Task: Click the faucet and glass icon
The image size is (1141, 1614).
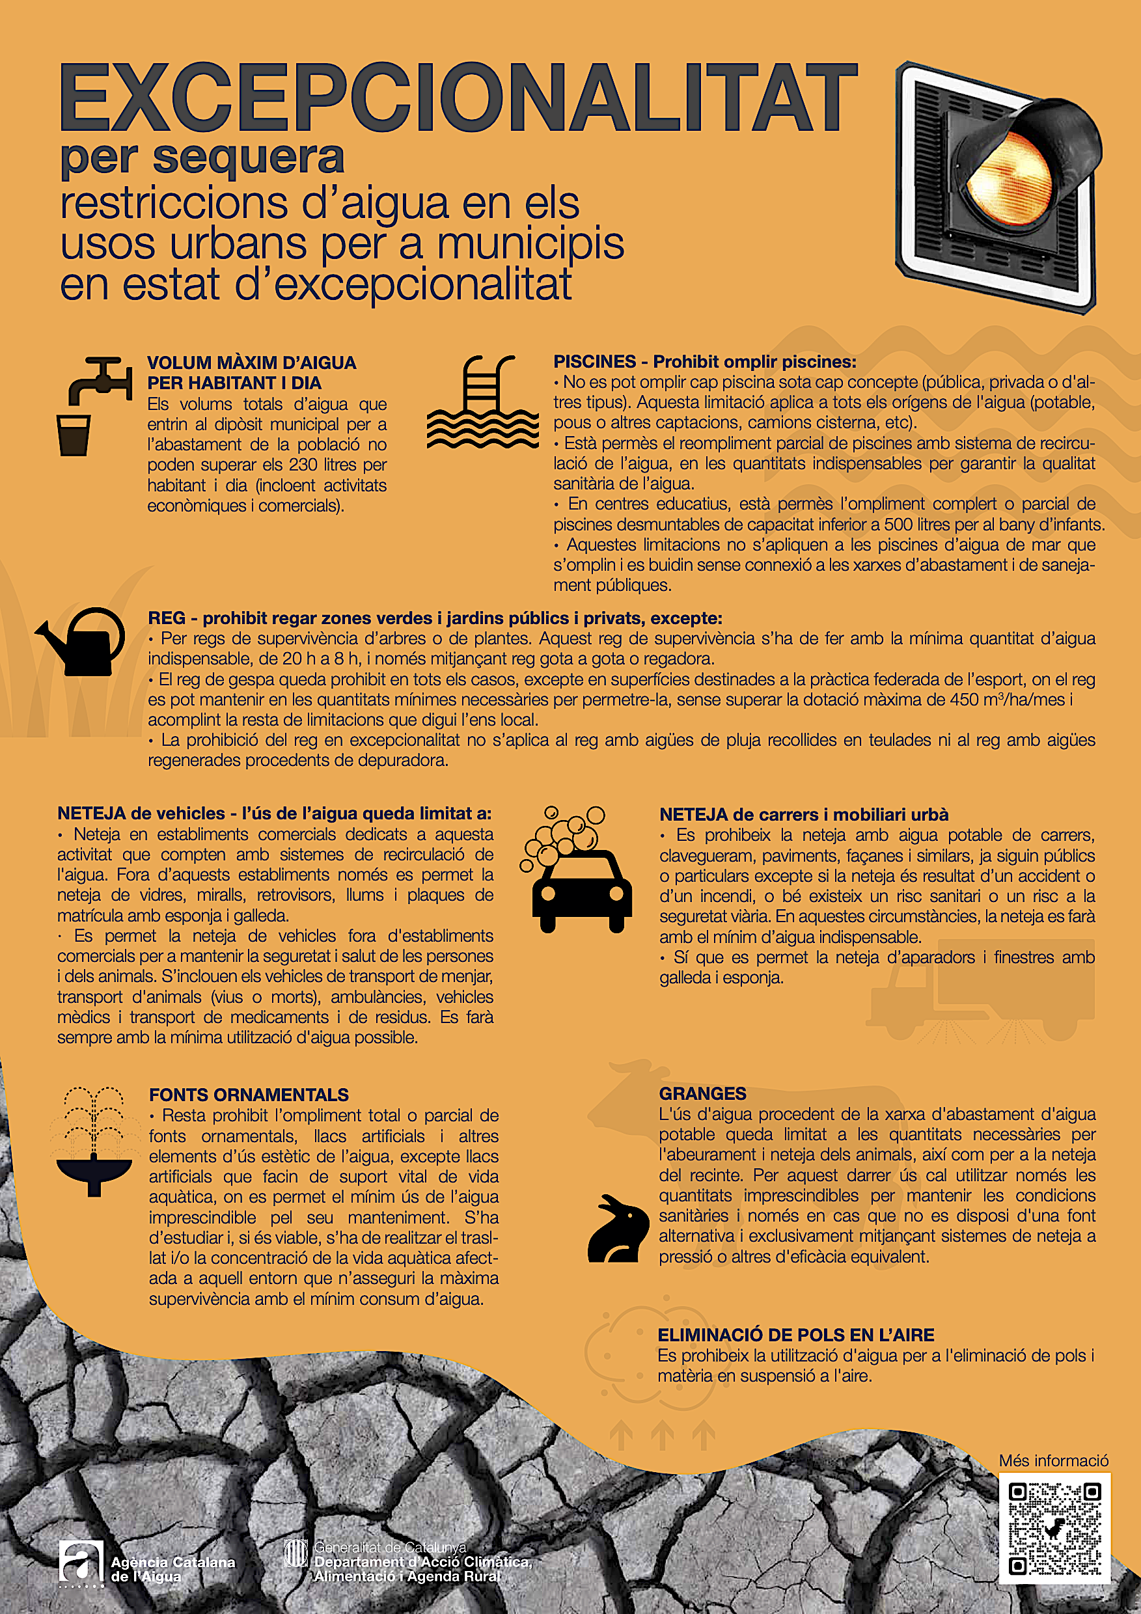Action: tap(94, 405)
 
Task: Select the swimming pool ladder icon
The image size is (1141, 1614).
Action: tap(482, 402)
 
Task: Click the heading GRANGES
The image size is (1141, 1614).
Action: tap(702, 1094)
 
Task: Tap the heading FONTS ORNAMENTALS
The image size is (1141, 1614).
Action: tap(249, 1095)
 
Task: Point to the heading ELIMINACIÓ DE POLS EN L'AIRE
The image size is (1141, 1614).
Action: tap(796, 1335)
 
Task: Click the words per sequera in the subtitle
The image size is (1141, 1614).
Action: tap(202, 157)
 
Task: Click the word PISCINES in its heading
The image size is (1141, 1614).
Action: tap(594, 362)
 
